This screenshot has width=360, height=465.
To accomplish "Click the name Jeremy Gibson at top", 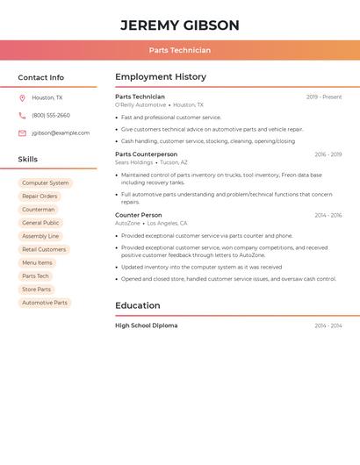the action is (x=179, y=25).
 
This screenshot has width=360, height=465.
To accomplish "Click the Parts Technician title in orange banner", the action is (x=179, y=50).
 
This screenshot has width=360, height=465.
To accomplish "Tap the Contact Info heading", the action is (x=40, y=77).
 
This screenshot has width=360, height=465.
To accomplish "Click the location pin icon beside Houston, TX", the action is (x=22, y=98).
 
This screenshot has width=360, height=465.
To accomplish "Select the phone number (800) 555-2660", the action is (x=51, y=116).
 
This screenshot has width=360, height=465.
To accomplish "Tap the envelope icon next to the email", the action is (x=22, y=133).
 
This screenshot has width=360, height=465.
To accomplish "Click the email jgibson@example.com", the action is (x=61, y=133).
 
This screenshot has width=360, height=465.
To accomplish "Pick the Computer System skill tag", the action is (x=46, y=183).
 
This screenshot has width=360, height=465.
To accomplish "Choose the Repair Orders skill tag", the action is (x=40, y=197).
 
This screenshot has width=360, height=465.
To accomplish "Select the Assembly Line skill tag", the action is (x=40, y=236).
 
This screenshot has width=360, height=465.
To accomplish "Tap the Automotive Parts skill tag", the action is (x=45, y=303).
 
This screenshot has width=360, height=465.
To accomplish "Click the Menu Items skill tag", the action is (x=37, y=262).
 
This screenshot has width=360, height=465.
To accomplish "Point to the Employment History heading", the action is (x=161, y=77).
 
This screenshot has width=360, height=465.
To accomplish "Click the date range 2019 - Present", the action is (x=324, y=97).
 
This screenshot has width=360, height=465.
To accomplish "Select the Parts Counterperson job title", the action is (x=146, y=154).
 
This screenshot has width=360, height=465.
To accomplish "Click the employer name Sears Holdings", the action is (x=133, y=162).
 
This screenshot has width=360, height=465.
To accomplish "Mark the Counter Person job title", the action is (x=139, y=215).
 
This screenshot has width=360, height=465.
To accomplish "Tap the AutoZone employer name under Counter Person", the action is (x=127, y=224).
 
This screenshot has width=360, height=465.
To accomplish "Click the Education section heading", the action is (x=138, y=305).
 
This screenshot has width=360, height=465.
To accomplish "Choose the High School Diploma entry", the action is (x=146, y=325).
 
